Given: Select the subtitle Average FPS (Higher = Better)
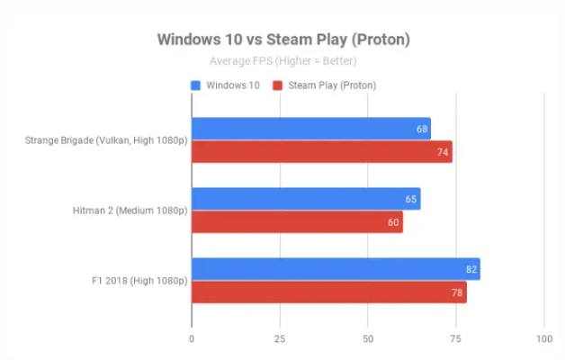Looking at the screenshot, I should pyautogui.click(x=282, y=61).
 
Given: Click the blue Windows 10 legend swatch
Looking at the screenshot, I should pyautogui.click(x=195, y=85).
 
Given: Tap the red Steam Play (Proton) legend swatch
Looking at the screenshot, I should pyautogui.click(x=279, y=85).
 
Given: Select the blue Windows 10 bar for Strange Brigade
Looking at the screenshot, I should pyautogui.click(x=310, y=129).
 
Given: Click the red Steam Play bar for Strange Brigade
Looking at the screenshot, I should pyautogui.click(x=321, y=152).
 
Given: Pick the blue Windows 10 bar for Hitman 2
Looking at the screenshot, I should pyautogui.click(x=305, y=199).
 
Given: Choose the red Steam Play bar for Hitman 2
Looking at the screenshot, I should pyautogui.click(x=297, y=222).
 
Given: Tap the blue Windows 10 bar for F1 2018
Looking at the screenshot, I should pyautogui.click(x=335, y=269).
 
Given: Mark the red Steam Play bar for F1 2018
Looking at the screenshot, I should pyautogui.click(x=328, y=292).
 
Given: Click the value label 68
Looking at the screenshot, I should pyautogui.click(x=421, y=129).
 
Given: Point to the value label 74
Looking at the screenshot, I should pyautogui.click(x=443, y=152).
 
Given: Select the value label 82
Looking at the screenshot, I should pyautogui.click(x=471, y=269).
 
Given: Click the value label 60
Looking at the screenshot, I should pyautogui.click(x=393, y=222).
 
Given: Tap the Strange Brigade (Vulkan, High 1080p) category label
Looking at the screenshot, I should pyautogui.click(x=107, y=140).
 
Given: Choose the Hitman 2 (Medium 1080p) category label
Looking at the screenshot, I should pyautogui.click(x=130, y=211).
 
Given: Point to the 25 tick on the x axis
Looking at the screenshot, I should pyautogui.click(x=280, y=338).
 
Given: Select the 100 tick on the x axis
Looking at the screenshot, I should pyautogui.click(x=543, y=338).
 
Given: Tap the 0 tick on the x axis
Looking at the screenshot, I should pyautogui.click(x=192, y=338).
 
